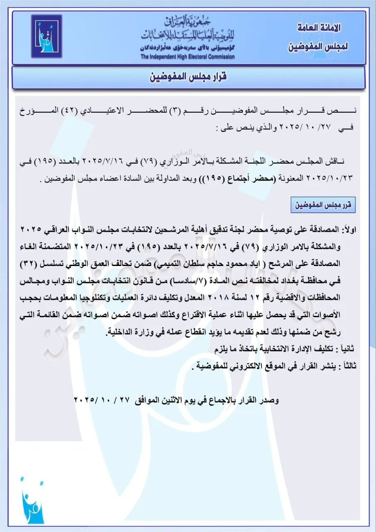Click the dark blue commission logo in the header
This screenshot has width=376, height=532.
(x=46, y=36)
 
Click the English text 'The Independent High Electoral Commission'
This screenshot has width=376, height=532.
(x=187, y=57)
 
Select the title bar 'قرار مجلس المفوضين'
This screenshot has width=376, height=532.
(x=188, y=77)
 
